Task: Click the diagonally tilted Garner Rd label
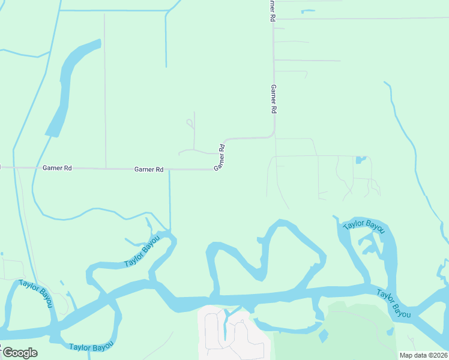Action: tap(221, 157)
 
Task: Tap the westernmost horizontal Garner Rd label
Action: tap(57, 169)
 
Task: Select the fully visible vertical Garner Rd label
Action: tap(273, 99)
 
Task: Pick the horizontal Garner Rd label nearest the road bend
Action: tap(149, 170)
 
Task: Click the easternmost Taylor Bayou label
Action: tap(394, 304)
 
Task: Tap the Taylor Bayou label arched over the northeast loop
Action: tap(363, 226)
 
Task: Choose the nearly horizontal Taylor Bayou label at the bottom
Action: tap(90, 347)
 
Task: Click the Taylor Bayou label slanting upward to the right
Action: tap(142, 251)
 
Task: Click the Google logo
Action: tap(19, 353)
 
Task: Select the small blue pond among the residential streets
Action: tap(360, 160)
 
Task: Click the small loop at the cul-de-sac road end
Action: tap(190, 123)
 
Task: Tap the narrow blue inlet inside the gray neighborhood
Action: tap(227, 324)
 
